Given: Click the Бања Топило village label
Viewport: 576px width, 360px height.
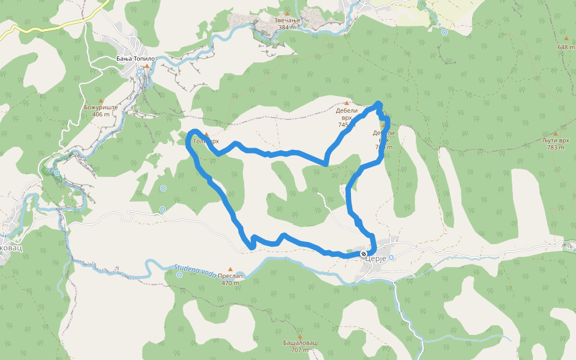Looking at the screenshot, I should (x=136, y=59).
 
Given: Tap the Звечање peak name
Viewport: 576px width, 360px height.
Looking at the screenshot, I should (x=287, y=20).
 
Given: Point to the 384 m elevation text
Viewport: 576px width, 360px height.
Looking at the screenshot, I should (x=287, y=28).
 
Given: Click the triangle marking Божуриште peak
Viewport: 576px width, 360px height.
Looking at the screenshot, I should (x=100, y=100).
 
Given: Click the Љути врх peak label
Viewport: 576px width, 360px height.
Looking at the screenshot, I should (x=555, y=140).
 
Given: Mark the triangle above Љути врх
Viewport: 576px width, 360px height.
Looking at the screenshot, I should (x=555, y=133).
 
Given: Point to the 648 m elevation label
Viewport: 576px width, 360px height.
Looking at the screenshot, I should (x=566, y=47).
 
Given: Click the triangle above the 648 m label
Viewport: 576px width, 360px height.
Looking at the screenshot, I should (x=566, y=38).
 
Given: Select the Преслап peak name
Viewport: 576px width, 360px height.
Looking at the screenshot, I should (x=231, y=276).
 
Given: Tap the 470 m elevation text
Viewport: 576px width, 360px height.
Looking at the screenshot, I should (x=231, y=283).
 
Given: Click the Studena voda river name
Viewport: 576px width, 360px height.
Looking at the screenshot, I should (x=195, y=269).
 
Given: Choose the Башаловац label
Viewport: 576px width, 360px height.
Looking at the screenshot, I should (x=300, y=343).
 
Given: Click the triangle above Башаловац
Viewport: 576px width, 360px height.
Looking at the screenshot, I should (x=300, y=336).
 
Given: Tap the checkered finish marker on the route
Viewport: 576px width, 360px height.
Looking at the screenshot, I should (x=364, y=254).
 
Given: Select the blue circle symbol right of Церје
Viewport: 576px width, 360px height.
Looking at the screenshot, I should (x=391, y=257).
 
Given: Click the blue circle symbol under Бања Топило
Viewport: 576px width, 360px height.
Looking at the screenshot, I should (x=139, y=71).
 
